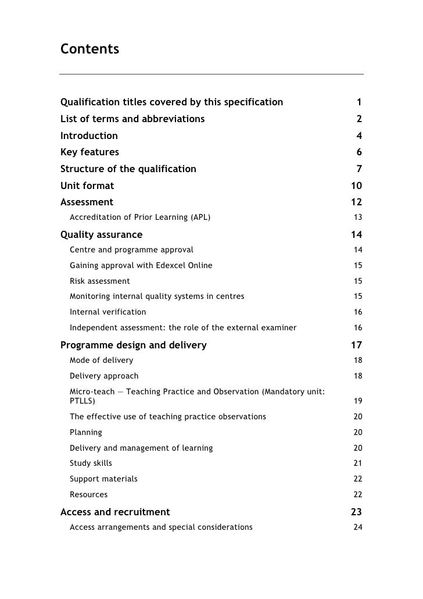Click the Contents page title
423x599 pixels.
coord(89,49)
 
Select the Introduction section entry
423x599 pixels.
coord(89,136)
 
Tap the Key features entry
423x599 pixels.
coord(89,152)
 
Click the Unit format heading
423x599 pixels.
coord(87,186)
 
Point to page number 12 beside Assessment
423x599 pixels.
coord(356,202)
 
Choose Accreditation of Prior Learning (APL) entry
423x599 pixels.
coord(140,218)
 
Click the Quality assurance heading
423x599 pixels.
coord(101,235)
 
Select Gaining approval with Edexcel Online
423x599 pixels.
coord(141,265)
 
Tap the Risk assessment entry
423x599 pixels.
coord(100,281)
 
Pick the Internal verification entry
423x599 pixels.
coord(108,312)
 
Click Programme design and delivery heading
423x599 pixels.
coord(133,345)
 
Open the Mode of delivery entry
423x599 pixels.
coord(101,360)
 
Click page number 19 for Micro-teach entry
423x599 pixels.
coord(358,401)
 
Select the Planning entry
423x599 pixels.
coord(86,432)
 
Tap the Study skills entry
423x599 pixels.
coord(91,463)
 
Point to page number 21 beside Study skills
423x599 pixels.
coord(358,463)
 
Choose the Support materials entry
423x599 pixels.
coord(104,479)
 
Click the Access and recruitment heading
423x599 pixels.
coord(115,512)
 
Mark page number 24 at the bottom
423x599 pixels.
coord(358,527)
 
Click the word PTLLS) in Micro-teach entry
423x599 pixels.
coord(83,401)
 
